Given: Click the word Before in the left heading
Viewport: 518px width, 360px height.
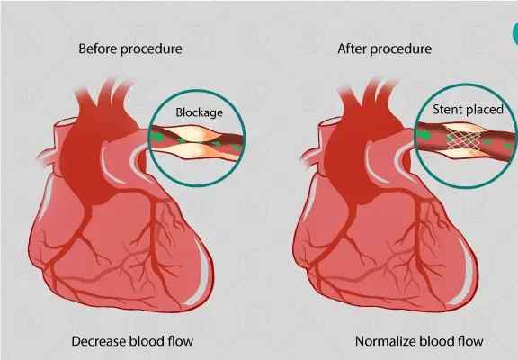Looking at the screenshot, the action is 98,49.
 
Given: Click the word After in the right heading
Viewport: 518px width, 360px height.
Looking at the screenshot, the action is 353,49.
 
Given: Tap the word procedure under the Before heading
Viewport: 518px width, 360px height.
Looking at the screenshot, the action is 151,49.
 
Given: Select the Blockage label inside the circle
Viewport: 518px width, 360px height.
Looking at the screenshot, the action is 199,112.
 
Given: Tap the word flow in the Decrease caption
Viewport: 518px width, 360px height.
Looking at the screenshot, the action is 180,341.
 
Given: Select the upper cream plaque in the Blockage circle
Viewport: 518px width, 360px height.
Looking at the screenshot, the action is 192,133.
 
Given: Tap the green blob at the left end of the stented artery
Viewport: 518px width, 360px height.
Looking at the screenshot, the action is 424,135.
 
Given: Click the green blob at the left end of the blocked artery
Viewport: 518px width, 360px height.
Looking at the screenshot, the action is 158,136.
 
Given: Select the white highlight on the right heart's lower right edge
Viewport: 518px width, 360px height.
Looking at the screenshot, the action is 466,271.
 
